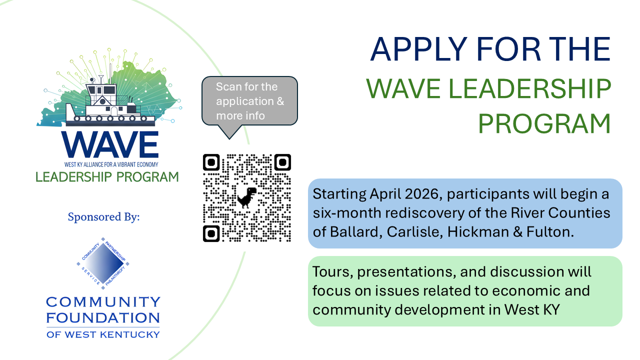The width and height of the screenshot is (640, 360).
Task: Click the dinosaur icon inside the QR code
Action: click(247, 197)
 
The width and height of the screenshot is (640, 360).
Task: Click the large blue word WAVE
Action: click(110, 144)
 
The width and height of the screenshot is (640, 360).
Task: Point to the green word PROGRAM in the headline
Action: click(544, 123)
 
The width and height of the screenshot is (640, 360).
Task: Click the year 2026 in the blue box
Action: click(422, 194)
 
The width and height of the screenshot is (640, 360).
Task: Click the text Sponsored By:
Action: click(103, 217)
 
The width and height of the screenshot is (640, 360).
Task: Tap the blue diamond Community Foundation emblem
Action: click(103, 263)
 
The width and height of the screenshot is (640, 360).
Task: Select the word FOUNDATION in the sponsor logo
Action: click(103, 317)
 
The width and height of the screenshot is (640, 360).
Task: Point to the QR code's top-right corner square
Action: click(282, 162)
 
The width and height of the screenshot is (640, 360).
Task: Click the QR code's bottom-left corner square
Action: click(211, 233)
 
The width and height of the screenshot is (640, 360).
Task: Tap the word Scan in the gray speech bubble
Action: click(227, 86)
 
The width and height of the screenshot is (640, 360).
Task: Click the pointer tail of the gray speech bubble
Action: click(229, 132)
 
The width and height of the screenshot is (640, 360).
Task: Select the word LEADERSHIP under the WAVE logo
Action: click(73, 177)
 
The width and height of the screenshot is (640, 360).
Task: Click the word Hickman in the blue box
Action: click(478, 231)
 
